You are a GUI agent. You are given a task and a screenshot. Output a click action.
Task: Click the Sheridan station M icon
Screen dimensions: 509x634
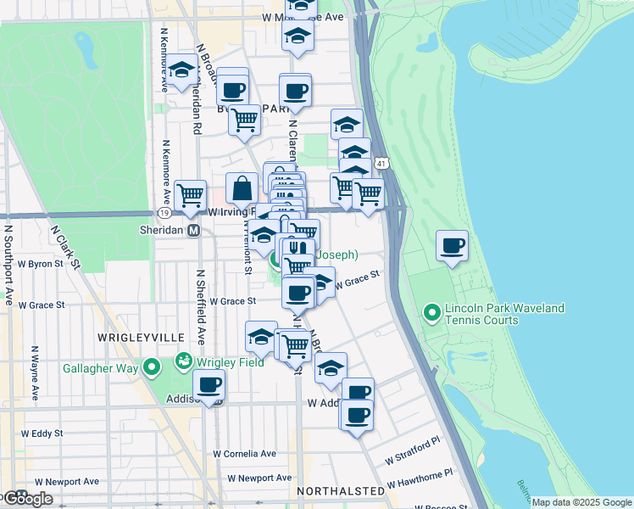(194, 231)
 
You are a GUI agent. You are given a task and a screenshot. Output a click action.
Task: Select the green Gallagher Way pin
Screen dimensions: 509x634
(153, 367)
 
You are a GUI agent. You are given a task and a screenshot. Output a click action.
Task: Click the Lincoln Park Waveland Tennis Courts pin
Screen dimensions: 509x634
(431, 314)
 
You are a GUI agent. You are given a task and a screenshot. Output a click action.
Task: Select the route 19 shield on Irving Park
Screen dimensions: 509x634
(162, 213)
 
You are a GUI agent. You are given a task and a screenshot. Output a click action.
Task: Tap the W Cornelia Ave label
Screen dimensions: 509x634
(244, 454)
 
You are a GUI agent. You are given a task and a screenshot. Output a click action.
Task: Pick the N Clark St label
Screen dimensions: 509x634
(64, 246)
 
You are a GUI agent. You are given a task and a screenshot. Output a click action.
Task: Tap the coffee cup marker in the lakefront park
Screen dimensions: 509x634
(452, 246)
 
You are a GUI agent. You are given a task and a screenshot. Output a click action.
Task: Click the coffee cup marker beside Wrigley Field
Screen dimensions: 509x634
(209, 386)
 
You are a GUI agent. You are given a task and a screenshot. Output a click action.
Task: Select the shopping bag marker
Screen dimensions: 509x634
(242, 187)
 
